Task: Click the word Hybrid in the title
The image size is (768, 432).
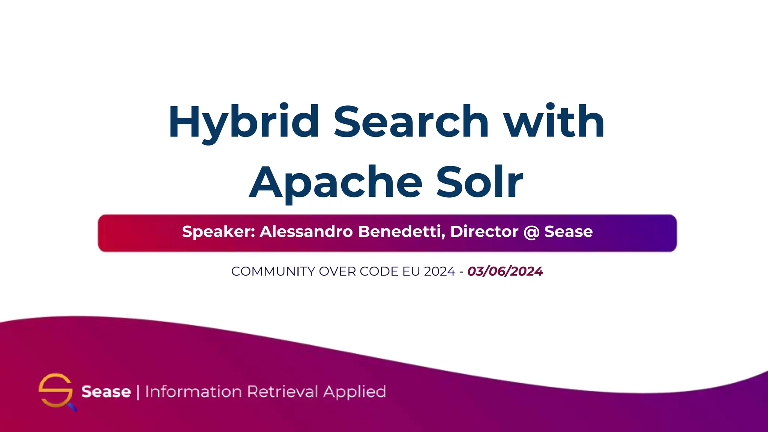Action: pos(244,122)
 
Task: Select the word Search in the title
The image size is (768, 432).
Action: pos(411,121)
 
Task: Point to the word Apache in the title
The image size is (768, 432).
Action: pos(336,183)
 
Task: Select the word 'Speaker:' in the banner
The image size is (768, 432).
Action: pos(219,232)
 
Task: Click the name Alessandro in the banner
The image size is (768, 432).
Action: pos(306,232)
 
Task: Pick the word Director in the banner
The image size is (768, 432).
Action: pos(484,232)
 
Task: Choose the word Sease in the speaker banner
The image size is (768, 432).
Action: pos(568,232)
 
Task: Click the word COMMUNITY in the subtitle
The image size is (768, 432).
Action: pos(273,271)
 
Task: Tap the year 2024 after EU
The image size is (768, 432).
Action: pos(439,271)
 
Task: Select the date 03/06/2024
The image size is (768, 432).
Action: pos(505,271)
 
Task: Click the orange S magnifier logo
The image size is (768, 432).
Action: pos(56,391)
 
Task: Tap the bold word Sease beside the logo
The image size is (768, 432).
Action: pos(106,392)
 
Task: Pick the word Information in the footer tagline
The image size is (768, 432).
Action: pos(193,391)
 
